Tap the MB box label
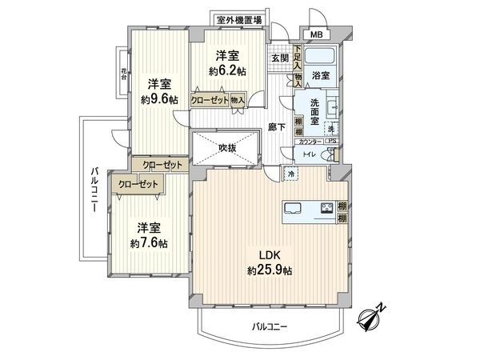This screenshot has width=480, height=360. click(318, 34)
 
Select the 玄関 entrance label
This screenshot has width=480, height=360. click(278, 58)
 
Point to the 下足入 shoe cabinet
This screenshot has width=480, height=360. click(298, 57)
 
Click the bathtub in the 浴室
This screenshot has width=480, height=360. click(322, 59)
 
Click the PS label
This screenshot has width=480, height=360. click(331, 142)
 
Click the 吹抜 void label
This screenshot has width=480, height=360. click(227, 147)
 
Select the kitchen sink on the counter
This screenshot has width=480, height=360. click(291, 210)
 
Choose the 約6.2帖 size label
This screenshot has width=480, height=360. click(228, 71)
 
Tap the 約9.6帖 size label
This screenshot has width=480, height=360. click(158, 100)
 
